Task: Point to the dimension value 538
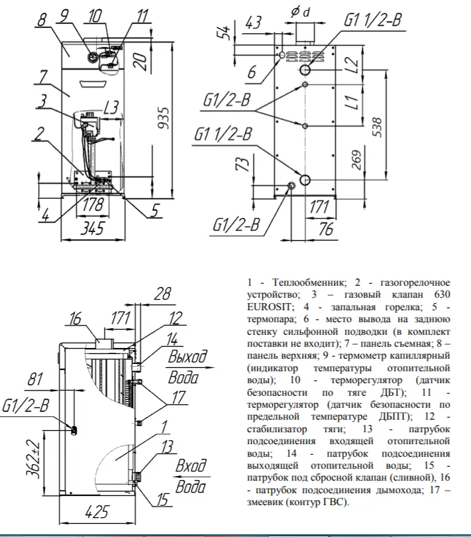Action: pyautogui.click(x=377, y=127)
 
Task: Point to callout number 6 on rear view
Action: pyautogui.click(x=252, y=71)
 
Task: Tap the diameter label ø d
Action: pyautogui.click(x=301, y=12)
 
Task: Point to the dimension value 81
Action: pyautogui.click(x=36, y=381)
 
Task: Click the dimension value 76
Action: pyautogui.click(x=325, y=229)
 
